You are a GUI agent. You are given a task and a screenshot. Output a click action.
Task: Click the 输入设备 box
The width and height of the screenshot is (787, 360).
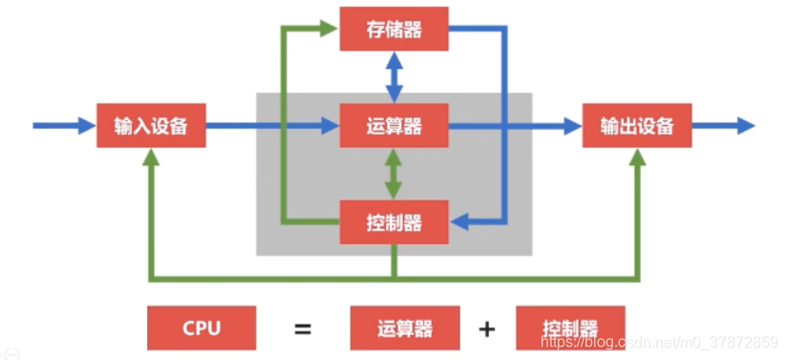tap(151, 126)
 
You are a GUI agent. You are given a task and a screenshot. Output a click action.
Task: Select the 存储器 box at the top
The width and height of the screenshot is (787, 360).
tap(393, 30)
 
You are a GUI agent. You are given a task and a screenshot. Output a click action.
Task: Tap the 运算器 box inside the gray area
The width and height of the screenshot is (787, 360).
tap(393, 126)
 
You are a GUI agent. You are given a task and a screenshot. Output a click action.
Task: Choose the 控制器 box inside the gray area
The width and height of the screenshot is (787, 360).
tap(393, 224)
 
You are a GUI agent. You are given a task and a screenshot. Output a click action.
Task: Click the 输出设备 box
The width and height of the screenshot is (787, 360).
tap(637, 126)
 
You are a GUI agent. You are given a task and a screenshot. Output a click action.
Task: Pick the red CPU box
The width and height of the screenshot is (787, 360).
tap(202, 328)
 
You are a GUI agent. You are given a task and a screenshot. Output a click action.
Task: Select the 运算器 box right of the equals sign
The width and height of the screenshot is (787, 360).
tap(405, 328)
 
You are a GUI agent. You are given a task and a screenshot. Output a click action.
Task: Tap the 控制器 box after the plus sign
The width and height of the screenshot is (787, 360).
tap(569, 328)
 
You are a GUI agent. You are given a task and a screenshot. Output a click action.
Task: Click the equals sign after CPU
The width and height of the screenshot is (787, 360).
tap(303, 329)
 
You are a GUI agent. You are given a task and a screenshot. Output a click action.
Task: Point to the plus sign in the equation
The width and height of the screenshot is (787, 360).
tap(487, 329)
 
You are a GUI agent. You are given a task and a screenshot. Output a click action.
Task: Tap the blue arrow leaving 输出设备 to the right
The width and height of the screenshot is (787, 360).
tap(723, 126)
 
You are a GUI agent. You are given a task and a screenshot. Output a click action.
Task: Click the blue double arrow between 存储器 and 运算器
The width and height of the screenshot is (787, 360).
tap(393, 77)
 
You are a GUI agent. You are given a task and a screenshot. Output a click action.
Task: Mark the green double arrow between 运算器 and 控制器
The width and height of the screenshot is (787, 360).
tap(393, 175)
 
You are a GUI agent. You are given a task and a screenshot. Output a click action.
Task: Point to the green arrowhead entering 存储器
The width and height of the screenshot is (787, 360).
tap(330, 29)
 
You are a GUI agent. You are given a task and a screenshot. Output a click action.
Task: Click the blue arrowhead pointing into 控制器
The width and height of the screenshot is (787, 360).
tap(459, 223)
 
